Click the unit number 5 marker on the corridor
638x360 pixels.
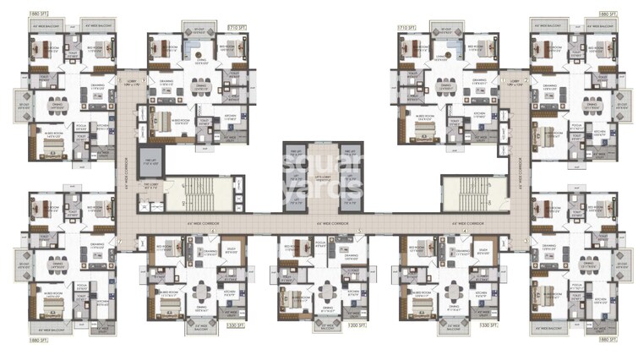[358, 231]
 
